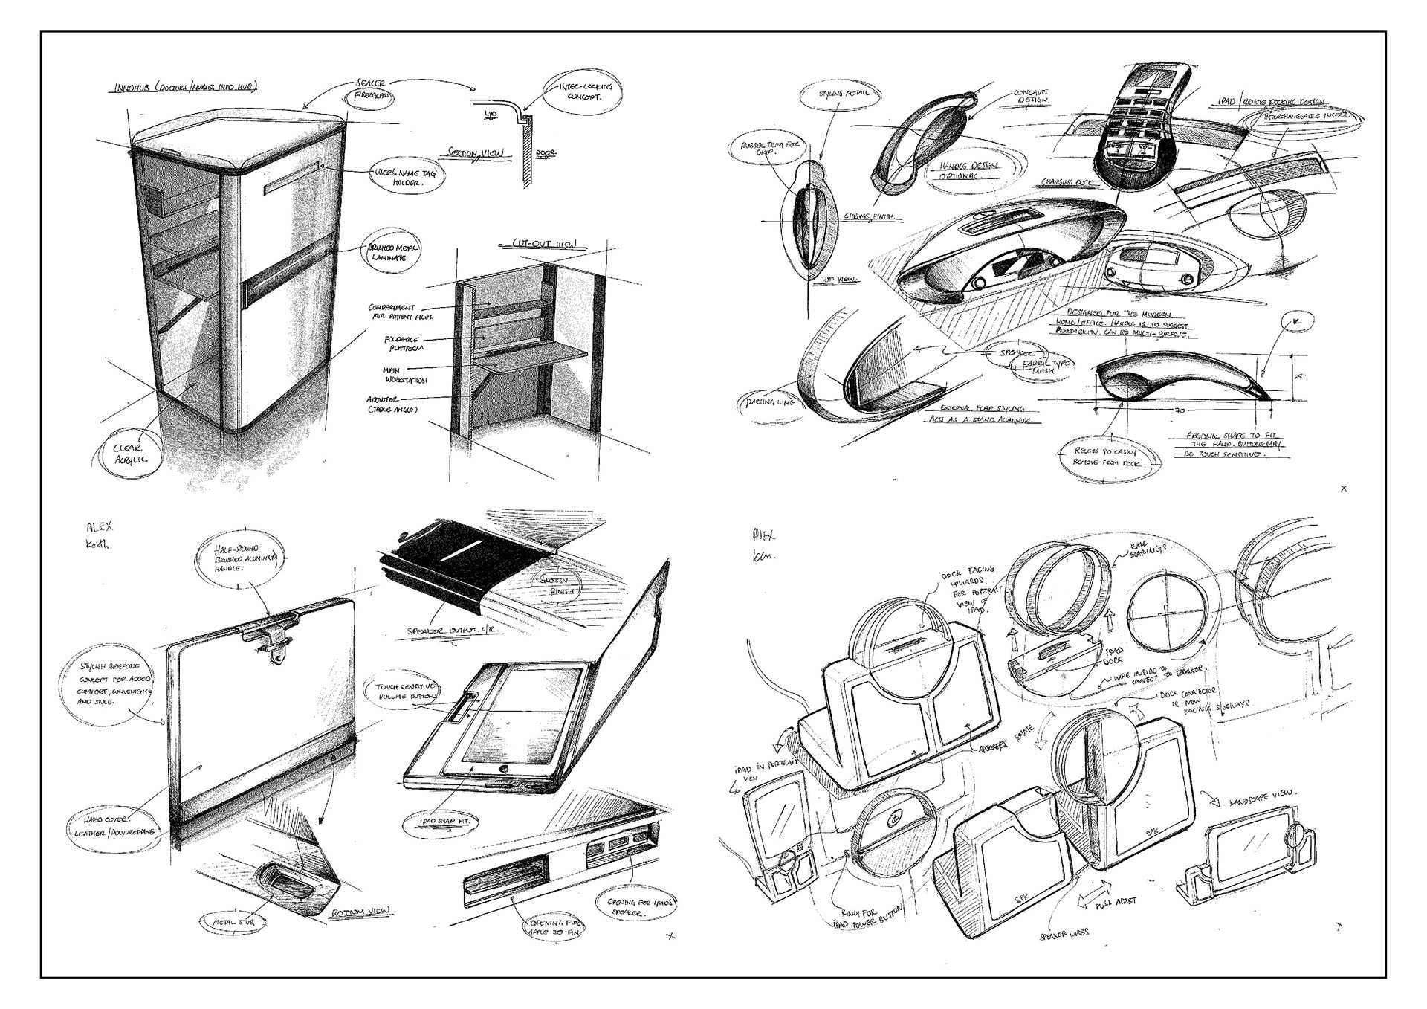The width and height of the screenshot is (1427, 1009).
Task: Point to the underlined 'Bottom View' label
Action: pos(363,912)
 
